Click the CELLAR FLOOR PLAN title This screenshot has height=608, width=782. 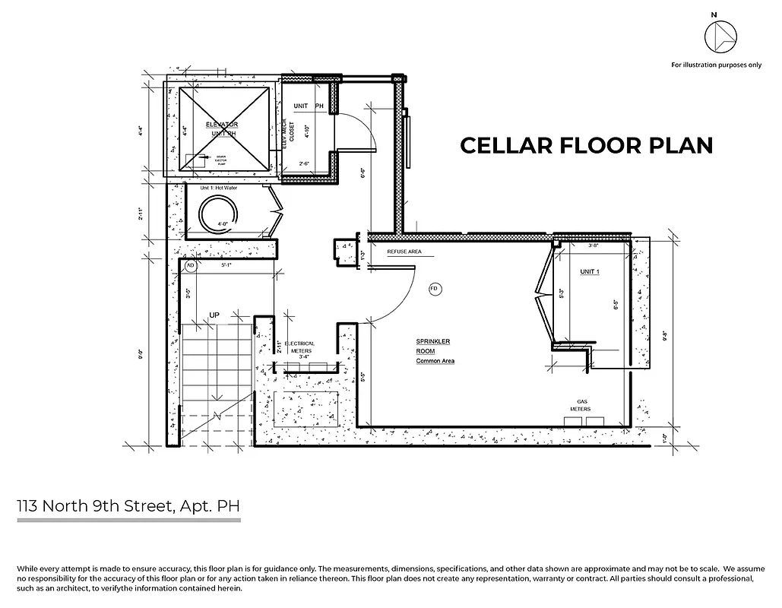tap(586, 145)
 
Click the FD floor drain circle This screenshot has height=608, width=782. tap(435, 289)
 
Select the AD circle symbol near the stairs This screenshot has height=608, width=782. tap(191, 266)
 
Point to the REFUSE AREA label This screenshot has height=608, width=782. tap(404, 252)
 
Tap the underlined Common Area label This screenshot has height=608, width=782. tap(435, 361)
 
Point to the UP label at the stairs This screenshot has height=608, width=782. tap(215, 314)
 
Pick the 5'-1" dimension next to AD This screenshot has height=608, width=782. tap(226, 266)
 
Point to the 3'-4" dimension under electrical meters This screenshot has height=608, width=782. tap(306, 356)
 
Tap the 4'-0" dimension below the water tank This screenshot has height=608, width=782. tap(223, 224)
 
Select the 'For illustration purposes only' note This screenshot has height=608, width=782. tap(715, 65)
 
